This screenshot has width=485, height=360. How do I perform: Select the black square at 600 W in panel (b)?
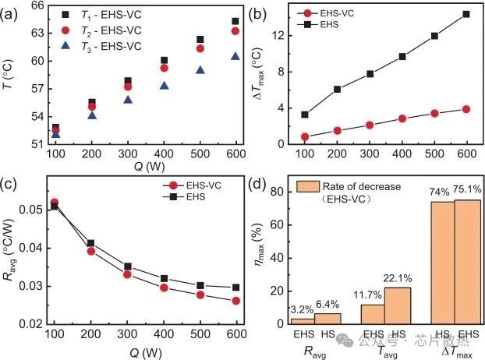[466, 14]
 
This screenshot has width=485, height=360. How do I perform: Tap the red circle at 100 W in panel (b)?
[283, 136]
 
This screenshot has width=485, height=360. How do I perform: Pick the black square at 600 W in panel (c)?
[235, 288]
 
